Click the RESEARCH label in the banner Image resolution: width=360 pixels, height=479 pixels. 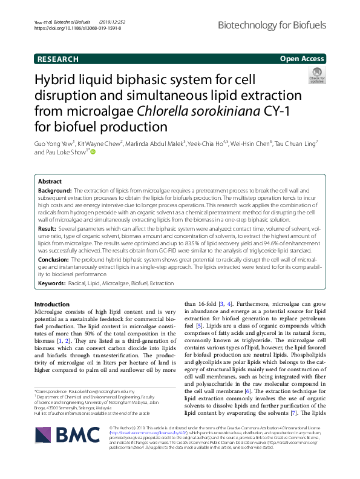click(x=57, y=59)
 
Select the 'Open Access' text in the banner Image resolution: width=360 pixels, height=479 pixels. click(x=302, y=59)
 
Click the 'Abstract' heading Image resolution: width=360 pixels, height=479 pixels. click(x=50, y=165)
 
